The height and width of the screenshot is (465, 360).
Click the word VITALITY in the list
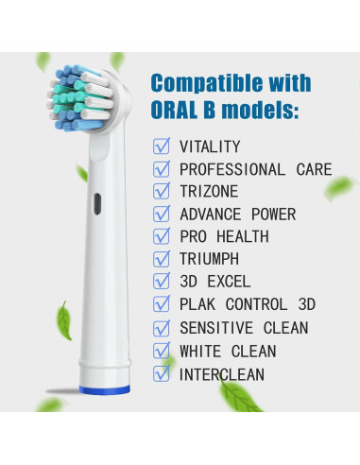pyautogui.click(x=210, y=147)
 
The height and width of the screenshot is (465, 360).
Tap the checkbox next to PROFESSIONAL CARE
pyautogui.click(x=163, y=170)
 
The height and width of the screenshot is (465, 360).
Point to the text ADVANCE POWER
pyautogui.click(x=237, y=215)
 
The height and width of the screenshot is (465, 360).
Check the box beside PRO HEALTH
pyautogui.click(x=163, y=237)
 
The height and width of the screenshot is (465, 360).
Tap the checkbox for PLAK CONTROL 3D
pyautogui.click(x=163, y=305)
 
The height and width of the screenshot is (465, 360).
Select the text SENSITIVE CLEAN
pyautogui.click(x=243, y=328)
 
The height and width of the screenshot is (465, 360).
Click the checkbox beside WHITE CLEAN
pyautogui.click(x=163, y=351)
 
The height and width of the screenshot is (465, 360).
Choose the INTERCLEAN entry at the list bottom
pyautogui.click(x=222, y=374)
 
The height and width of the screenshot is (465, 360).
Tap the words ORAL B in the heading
pyautogui.click(x=189, y=111)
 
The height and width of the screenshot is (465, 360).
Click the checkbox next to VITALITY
pyautogui.click(x=163, y=147)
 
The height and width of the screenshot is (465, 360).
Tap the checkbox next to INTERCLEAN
pyautogui.click(x=163, y=374)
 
